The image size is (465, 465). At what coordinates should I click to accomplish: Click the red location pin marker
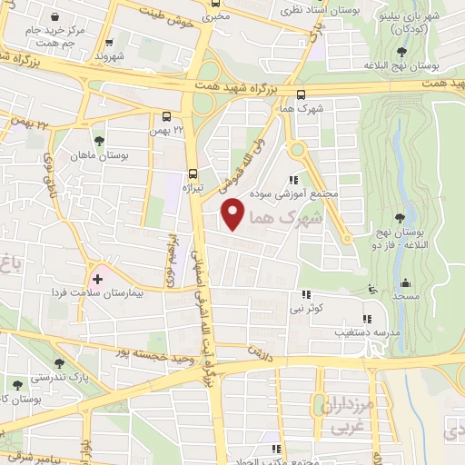pyautogui.click(x=234, y=213)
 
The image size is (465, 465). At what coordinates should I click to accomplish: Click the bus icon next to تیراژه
pyautogui.click(x=192, y=173)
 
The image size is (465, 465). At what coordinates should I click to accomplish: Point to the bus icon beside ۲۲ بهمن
pyautogui.click(x=166, y=116)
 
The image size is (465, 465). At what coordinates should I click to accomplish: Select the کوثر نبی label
pyautogui.click(x=306, y=309)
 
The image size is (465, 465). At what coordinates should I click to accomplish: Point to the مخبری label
pyautogui.click(x=214, y=15)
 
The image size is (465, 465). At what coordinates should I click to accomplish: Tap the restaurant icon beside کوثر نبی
pyautogui.click(x=306, y=293)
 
